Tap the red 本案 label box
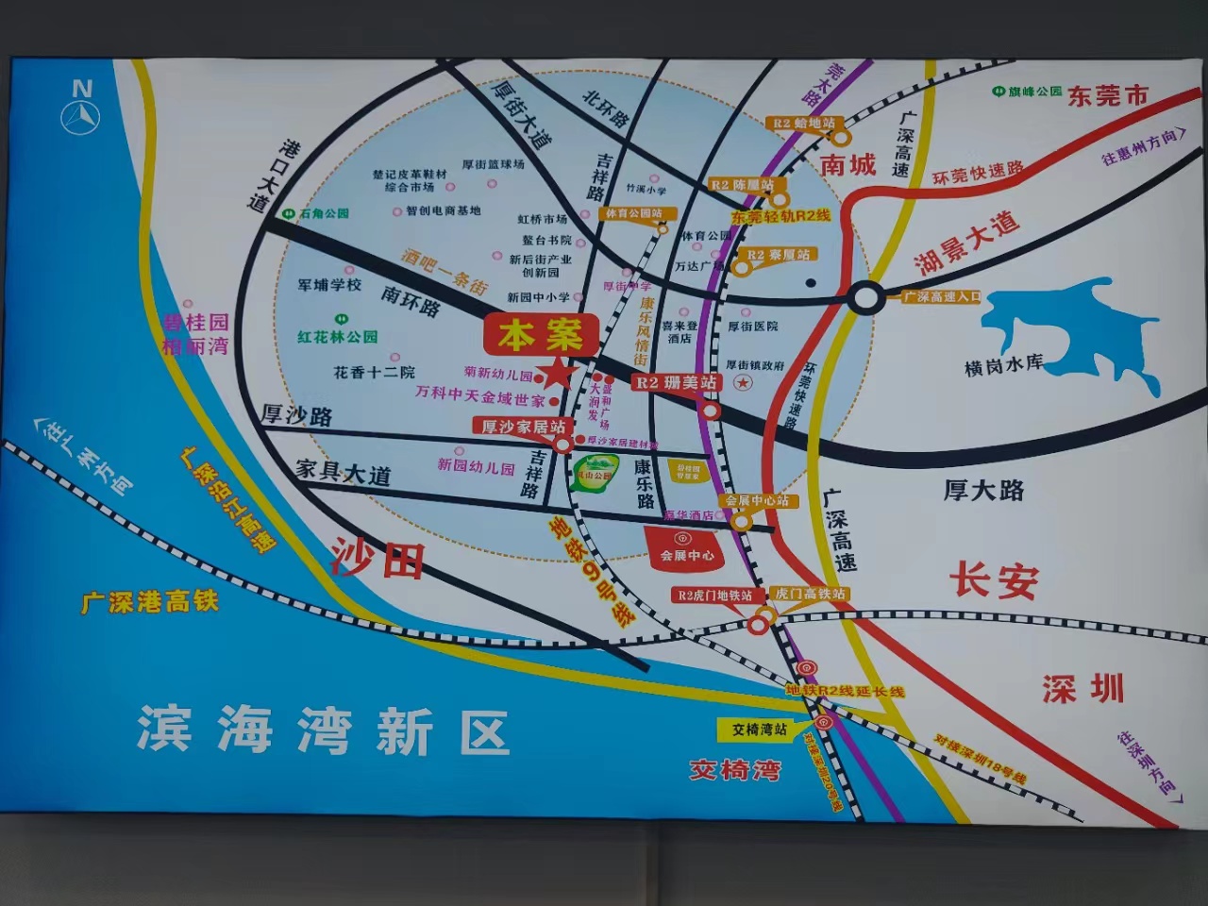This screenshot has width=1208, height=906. (541, 335)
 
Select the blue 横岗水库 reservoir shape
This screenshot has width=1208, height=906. (1076, 330)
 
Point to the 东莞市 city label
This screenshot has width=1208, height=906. (1108, 95)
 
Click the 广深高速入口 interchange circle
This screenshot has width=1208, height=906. (864, 297)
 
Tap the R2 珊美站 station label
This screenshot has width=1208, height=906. (676, 382)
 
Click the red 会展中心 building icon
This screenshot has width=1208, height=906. (686, 548)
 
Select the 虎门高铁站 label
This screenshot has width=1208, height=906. (810, 594)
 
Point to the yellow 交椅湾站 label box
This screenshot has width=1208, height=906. (760, 729)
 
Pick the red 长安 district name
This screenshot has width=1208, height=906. (993, 580)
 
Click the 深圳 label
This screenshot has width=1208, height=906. (1083, 689)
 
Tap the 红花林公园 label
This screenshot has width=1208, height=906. (338, 337)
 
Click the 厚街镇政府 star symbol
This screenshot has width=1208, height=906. (744, 382)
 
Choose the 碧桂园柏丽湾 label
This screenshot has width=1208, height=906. (195, 334)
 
